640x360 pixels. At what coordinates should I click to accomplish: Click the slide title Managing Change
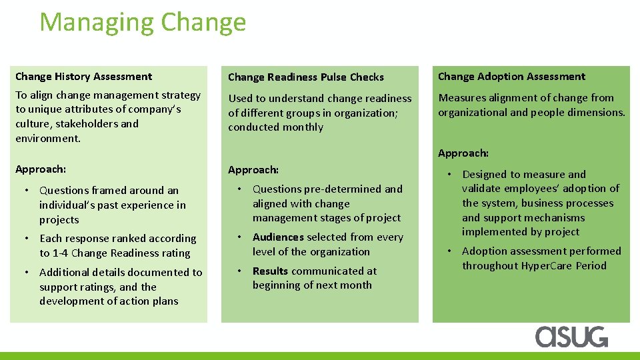[x=143, y=23]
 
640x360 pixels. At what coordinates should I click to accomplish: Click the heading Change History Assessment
[x=83, y=77]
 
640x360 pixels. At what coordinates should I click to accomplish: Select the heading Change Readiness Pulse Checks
[x=306, y=77]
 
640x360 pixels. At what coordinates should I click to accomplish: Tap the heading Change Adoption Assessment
[x=511, y=77]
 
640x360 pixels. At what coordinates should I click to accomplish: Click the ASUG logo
[x=571, y=337]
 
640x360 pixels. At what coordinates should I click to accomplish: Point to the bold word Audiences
[x=278, y=237]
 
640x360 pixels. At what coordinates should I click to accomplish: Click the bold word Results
[x=270, y=271]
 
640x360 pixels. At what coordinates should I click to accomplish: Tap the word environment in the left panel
[x=47, y=139]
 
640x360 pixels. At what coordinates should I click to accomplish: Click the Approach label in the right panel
[x=463, y=153]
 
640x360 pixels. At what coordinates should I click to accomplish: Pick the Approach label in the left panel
[x=41, y=169]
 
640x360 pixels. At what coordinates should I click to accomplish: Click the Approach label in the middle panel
[x=253, y=170]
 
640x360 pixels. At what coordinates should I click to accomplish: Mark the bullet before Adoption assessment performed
[x=449, y=251]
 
